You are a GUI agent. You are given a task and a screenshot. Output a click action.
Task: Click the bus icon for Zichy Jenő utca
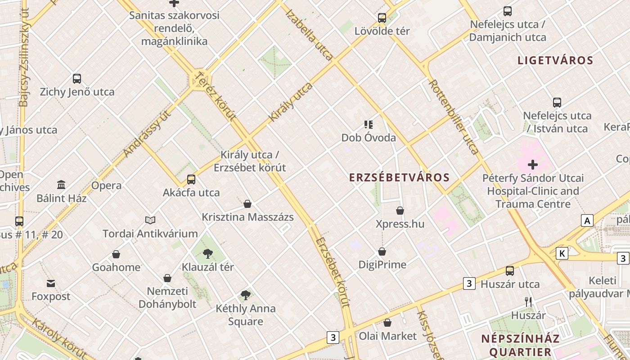(77, 79)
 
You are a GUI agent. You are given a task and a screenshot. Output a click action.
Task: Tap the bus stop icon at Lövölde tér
(382, 18)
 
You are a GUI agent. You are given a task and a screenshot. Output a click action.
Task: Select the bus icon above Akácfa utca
(191, 180)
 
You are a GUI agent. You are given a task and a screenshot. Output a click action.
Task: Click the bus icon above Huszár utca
(510, 271)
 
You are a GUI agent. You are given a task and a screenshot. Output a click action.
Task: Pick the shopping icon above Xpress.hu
(400, 211)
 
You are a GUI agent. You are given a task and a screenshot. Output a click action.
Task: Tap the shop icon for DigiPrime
(382, 252)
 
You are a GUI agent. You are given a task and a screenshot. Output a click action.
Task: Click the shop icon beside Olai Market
(387, 323)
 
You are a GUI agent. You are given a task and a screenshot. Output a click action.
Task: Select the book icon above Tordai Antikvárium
(150, 220)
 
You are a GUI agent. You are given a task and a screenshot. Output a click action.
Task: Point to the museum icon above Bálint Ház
(61, 184)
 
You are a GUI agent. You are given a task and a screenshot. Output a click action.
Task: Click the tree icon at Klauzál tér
(207, 254)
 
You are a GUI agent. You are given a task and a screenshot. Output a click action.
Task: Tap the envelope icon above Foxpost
(51, 283)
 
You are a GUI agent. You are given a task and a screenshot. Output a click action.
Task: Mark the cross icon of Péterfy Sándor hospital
(533, 165)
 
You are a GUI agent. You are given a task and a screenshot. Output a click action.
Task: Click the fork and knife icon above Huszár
(528, 302)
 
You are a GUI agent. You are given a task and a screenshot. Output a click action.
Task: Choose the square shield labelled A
(587, 220)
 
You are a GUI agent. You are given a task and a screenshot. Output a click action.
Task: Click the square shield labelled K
(562, 253)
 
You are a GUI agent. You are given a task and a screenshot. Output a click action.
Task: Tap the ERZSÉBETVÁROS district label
(400, 177)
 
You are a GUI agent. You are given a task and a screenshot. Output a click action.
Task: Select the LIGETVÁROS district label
(555, 60)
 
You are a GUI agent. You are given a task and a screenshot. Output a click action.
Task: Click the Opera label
(106, 185)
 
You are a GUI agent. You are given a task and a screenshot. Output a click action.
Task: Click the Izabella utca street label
(310, 35)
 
